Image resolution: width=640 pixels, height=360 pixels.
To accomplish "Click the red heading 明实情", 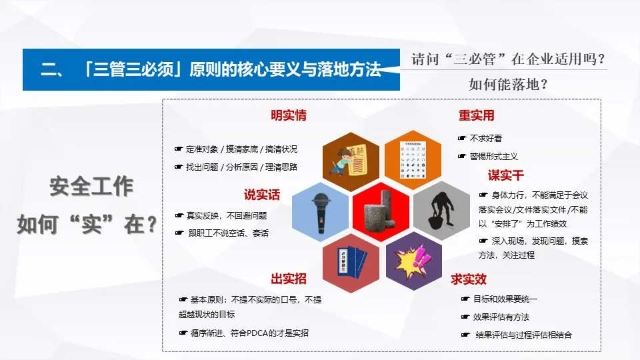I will [288, 115].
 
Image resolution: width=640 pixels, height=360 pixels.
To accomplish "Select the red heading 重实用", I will [476, 115].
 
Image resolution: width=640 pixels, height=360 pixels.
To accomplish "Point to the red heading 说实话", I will [261, 195].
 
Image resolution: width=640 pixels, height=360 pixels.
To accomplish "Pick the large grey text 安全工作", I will [91, 187].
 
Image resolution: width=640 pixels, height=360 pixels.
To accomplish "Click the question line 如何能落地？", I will [508, 84].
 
